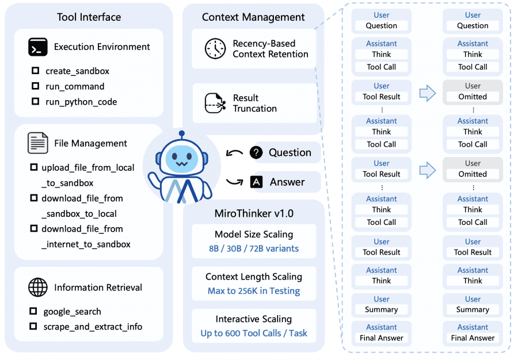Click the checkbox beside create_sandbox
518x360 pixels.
point(35,71)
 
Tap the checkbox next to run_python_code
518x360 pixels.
point(35,102)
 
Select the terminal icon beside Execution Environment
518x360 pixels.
point(37,47)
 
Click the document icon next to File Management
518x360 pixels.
point(37,143)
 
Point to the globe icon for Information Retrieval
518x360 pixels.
point(37,288)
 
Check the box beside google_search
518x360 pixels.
point(34,312)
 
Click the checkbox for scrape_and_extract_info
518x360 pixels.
point(34,327)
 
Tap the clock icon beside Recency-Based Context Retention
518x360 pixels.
point(215,49)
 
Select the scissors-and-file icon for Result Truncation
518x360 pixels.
point(215,104)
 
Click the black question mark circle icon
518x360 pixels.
point(256,152)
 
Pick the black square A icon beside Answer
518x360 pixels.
point(256,182)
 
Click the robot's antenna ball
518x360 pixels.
point(181,135)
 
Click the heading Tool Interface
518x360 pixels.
point(89,17)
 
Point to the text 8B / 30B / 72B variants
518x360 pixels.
point(254,249)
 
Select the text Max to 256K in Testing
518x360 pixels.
point(254,291)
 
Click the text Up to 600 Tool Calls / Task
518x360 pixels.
point(254,333)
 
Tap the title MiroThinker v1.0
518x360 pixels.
point(254,213)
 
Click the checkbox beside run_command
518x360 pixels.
point(35,86)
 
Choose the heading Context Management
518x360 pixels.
point(254,17)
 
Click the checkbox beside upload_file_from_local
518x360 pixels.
point(34,168)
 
